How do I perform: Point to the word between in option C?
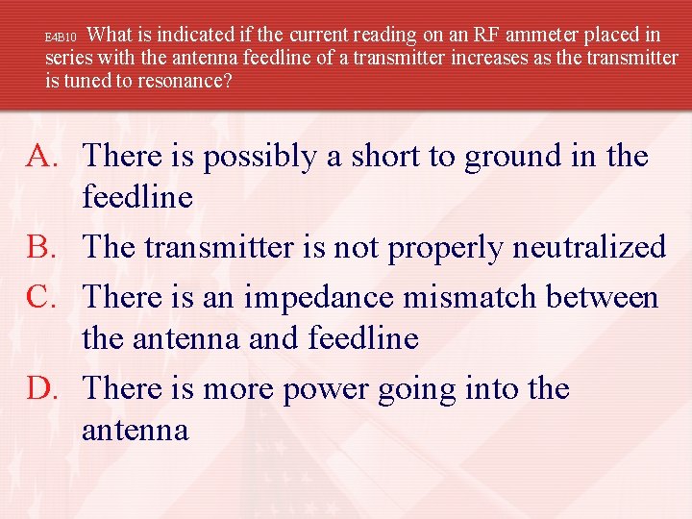(603, 297)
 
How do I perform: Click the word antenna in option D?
(136, 430)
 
